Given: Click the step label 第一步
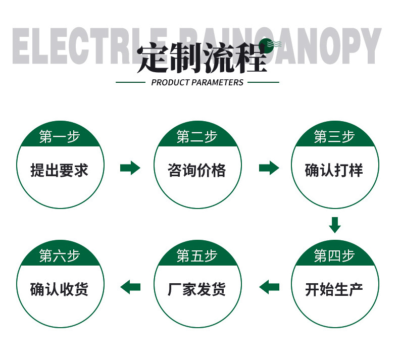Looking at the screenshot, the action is pos(60,137).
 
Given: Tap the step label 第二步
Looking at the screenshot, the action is pos(197,137).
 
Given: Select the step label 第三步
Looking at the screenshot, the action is pos(334,137).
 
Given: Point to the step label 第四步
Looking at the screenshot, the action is pos(334,256).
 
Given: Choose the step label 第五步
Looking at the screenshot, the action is pos(197,256).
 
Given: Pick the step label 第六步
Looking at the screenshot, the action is pos(60,256).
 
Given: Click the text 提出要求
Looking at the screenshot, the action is pos(60,170).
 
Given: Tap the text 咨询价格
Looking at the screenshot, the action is pos(197,170).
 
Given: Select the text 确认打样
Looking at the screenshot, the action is pos(334,170).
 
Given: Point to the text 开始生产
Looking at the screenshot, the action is pos(334,289).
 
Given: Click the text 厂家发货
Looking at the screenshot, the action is pos(197,289).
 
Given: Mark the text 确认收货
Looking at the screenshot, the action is pos(60,289).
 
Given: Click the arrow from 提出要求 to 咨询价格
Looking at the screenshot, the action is pos(130,168).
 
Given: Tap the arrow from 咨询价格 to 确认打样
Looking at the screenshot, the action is pos(269,168).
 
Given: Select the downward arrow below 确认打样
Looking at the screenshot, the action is pos(334,224).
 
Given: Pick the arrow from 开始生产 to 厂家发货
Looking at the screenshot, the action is pos(269,287).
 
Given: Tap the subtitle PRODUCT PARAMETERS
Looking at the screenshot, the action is pos(197,82).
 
